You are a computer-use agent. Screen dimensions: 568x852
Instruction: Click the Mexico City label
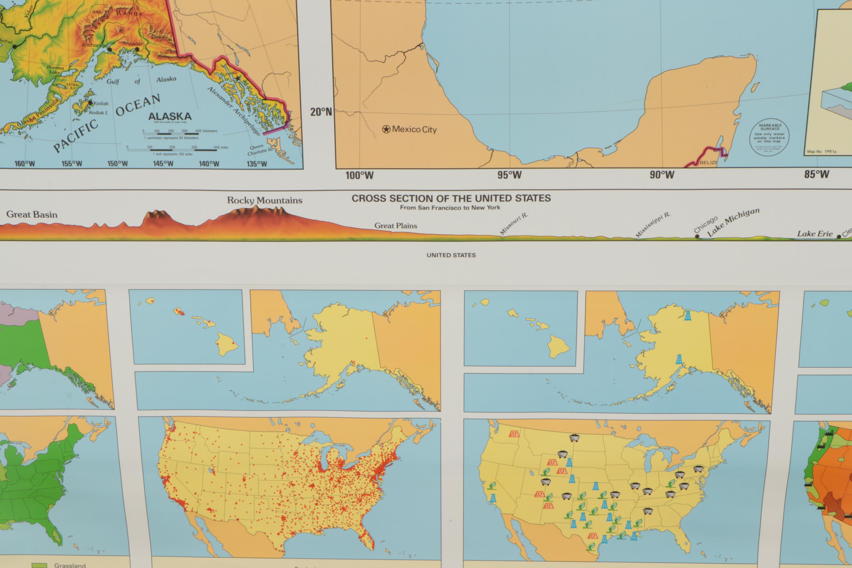click(414, 129)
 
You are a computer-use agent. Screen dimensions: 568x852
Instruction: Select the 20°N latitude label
click(321, 112)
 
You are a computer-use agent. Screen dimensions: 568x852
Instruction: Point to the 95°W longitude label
click(509, 175)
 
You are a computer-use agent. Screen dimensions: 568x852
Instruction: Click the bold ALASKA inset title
click(170, 116)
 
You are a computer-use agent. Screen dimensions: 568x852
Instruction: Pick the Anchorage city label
click(94, 45)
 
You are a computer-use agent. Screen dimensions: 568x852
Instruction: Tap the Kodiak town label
click(101, 103)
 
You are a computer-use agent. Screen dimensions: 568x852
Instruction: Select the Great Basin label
click(32, 214)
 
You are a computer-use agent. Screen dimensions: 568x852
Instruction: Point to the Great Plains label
click(396, 226)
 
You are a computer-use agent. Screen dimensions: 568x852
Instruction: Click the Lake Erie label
click(815, 234)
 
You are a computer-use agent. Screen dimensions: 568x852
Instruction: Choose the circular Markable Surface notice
click(770, 137)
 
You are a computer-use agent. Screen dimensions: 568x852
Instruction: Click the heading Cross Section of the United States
click(451, 198)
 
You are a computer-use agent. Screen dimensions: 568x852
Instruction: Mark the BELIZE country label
click(709, 163)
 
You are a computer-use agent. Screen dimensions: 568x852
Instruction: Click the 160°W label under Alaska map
click(25, 164)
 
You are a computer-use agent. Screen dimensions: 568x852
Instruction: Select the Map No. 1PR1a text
click(822, 151)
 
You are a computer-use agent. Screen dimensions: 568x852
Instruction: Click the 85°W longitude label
click(817, 174)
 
